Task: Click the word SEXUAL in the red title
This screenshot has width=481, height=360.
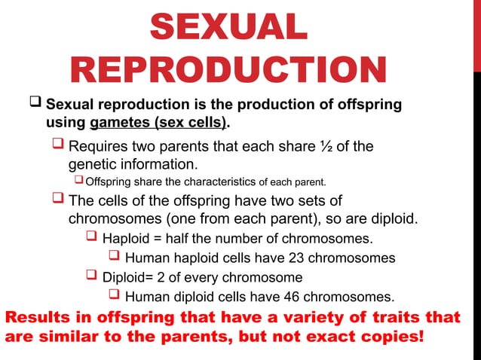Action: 228,29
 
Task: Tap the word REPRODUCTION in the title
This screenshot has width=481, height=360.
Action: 228,72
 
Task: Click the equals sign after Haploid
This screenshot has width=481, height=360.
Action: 155,239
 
